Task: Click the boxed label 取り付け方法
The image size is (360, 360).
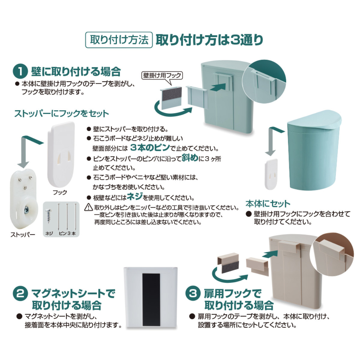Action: [119, 40]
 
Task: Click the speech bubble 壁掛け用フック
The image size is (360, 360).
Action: [162, 75]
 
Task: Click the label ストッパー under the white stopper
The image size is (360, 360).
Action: [23, 235]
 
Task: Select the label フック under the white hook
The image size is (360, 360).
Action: [60, 192]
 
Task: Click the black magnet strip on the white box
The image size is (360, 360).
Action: [149, 300]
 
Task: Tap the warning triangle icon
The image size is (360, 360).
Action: [89, 207]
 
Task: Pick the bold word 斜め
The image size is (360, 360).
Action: [190, 158]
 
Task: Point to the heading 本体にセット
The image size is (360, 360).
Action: [268, 204]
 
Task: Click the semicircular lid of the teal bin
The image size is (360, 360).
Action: [314, 120]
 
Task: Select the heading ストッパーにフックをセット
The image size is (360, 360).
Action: [61, 114]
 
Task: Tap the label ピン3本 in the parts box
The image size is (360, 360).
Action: [67, 233]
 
